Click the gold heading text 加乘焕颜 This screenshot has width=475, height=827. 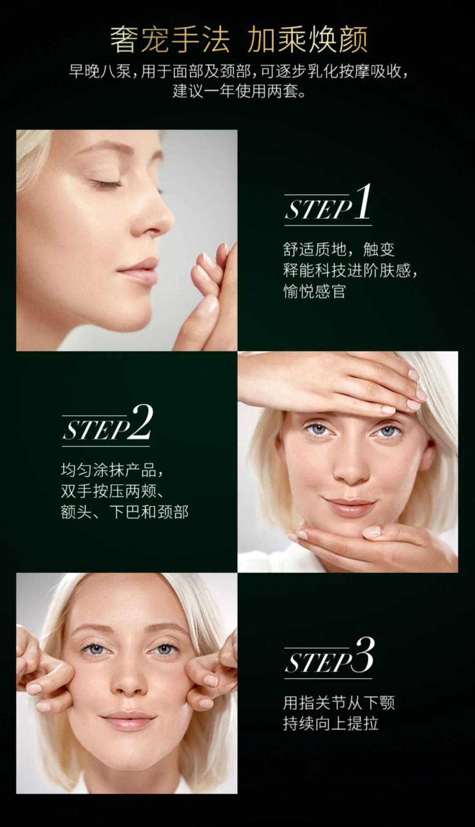point(307,40)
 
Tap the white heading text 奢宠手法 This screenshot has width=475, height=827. point(170,40)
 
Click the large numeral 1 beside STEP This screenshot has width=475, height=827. point(363,201)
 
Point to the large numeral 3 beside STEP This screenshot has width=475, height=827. point(365,655)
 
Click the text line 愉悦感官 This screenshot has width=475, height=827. point(314,291)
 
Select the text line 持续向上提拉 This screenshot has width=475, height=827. point(331,723)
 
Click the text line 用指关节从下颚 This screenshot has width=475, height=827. point(339,703)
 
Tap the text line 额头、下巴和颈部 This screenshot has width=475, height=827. point(124,512)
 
